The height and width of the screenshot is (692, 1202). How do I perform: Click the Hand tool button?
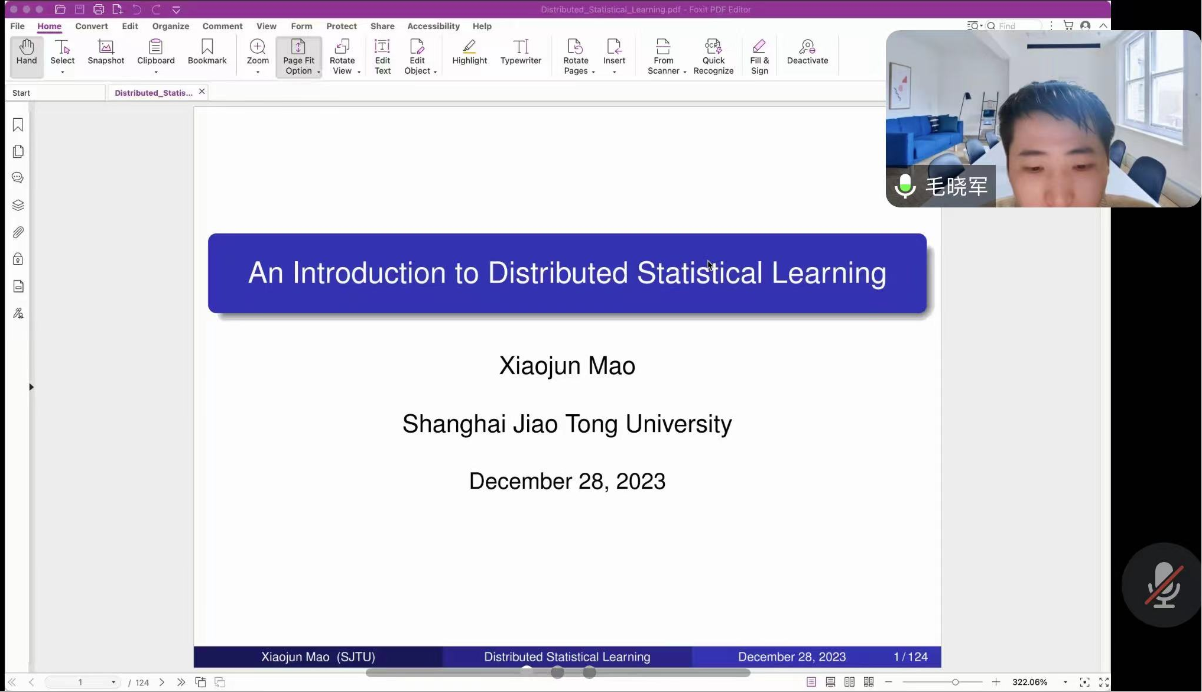(27, 57)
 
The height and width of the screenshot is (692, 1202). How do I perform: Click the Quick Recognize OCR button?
(713, 57)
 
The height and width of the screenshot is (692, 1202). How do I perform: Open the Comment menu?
(222, 26)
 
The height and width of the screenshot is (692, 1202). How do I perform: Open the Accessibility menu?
(433, 26)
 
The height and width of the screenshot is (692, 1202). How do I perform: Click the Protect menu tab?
(342, 26)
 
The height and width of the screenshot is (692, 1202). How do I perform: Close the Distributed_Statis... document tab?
(202, 92)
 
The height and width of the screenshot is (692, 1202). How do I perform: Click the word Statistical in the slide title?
(700, 273)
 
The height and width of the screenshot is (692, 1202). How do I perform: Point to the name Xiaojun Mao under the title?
(567, 366)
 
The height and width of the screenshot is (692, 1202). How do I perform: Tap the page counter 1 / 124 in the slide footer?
(911, 657)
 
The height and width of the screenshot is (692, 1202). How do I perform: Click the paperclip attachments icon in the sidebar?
(18, 232)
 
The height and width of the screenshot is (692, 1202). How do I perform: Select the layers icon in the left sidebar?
(18, 205)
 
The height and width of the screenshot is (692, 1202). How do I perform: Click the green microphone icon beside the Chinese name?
(905, 186)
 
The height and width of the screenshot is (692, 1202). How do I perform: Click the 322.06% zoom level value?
(1029, 682)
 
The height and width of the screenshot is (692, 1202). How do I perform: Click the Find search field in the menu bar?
(1013, 26)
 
